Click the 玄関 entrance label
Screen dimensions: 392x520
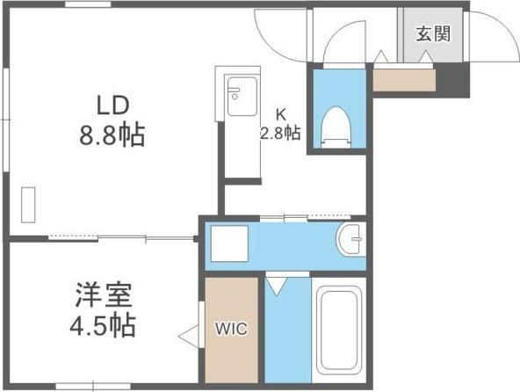(x=433, y=34)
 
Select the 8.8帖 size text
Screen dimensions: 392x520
(x=112, y=136)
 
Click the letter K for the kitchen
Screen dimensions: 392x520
(x=281, y=114)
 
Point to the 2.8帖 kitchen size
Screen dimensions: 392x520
(x=280, y=134)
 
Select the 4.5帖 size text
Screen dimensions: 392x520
(x=102, y=325)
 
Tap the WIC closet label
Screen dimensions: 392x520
(x=232, y=330)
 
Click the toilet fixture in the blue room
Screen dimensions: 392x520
(x=335, y=126)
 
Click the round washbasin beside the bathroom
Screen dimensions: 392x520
(x=350, y=237)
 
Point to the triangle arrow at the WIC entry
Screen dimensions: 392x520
(x=186, y=335)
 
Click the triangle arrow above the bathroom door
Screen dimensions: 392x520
(x=277, y=285)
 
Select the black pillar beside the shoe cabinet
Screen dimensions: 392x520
(x=454, y=82)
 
